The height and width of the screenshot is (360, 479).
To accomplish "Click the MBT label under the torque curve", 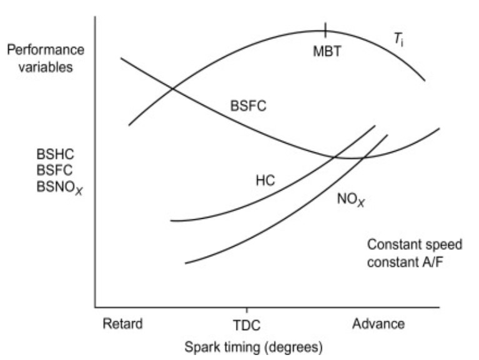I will pos(327,51).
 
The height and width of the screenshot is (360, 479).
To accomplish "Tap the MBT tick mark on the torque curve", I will pos(325,29).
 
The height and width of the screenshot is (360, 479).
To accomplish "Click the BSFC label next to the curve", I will pos(248,106).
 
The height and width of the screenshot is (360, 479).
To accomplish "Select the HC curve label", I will pos(265,181).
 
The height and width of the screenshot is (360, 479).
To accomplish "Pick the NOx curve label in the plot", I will pos(350,201).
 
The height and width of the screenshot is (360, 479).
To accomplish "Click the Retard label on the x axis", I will pos(122,324).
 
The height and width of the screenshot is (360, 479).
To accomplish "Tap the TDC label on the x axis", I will pos(247,325).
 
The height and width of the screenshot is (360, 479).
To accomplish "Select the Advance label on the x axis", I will pos(378,324).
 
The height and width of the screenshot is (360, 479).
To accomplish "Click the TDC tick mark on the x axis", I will pos(247,311).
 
